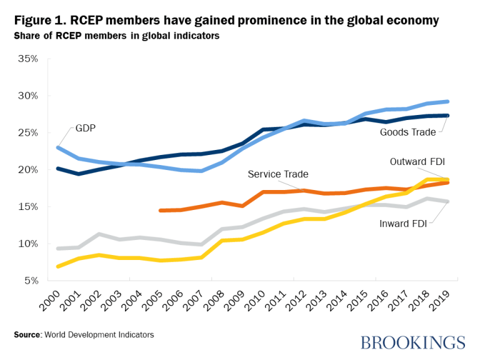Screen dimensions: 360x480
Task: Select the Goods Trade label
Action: tap(407, 132)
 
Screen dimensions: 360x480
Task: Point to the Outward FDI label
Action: tap(417, 161)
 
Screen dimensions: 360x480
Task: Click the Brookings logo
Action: tap(413, 342)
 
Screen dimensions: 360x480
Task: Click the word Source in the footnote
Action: tap(27, 335)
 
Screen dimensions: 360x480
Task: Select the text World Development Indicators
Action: tap(99, 335)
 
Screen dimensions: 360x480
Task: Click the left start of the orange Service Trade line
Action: tap(161, 211)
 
